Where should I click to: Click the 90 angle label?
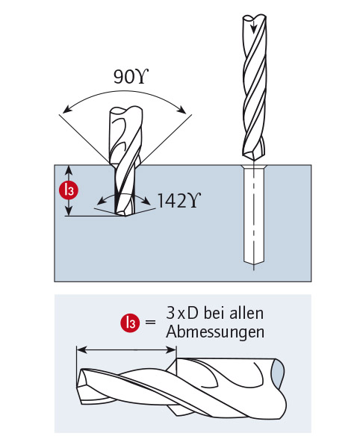pyautogui.click(x=131, y=76)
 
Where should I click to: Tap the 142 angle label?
pyautogui.click(x=179, y=200)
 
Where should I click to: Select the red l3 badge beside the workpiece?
pyautogui.click(x=68, y=190)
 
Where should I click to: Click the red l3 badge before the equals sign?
pyautogui.click(x=130, y=323)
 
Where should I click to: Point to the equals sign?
pyautogui.click(x=151, y=322)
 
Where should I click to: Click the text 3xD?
pyautogui.click(x=182, y=313)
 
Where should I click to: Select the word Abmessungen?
pyautogui.click(x=215, y=332)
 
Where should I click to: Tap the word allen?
pyautogui.click(x=247, y=313)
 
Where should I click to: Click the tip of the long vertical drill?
pyautogui.click(x=253, y=161)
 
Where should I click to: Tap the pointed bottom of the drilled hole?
pyautogui.click(x=253, y=264)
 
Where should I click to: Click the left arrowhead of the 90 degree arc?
pyautogui.click(x=67, y=110)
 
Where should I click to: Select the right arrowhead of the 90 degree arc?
pyautogui.click(x=181, y=109)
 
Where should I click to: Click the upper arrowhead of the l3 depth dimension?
pyautogui.click(x=68, y=170)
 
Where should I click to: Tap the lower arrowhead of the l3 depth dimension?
pyautogui.click(x=68, y=211)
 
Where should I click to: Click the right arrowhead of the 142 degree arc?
pyautogui.click(x=146, y=202)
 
